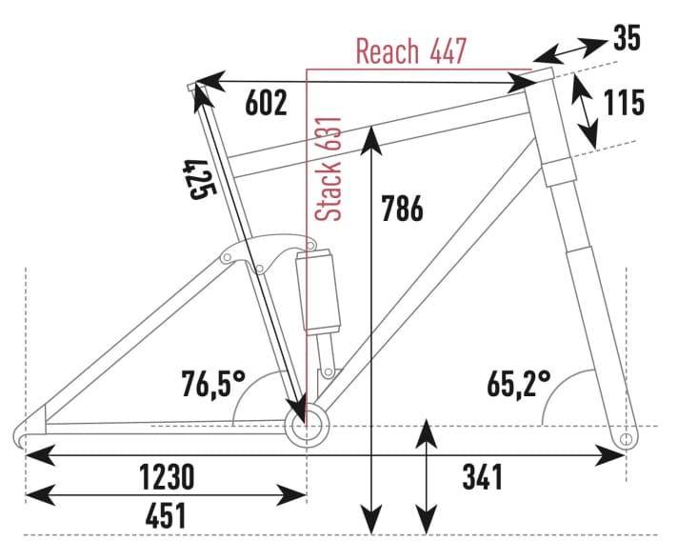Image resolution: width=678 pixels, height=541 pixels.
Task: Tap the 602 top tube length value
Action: tap(266, 103)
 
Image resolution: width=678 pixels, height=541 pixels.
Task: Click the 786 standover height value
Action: tap(401, 208)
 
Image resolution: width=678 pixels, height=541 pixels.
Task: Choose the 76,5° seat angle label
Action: tap(213, 385)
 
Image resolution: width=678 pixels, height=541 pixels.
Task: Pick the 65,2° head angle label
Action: tap(519, 385)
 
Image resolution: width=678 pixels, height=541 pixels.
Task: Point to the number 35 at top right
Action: tap(627, 39)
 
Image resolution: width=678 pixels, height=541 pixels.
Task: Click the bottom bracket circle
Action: tap(306, 425)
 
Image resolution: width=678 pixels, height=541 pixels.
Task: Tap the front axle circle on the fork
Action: tap(626, 438)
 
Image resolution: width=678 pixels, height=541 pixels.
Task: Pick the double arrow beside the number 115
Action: tap(584, 112)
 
